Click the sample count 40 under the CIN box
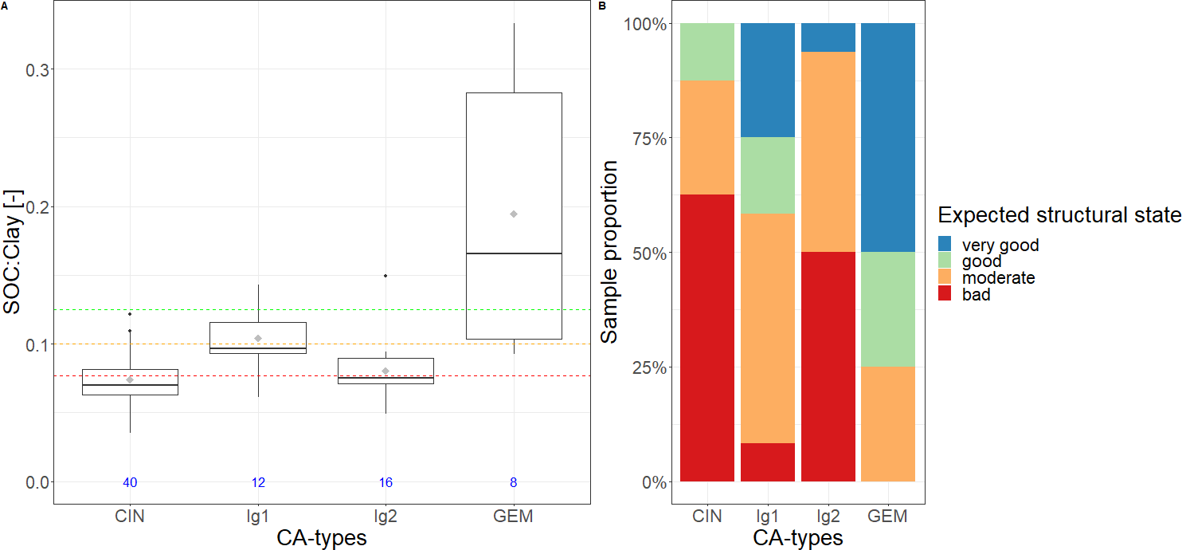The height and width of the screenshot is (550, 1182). point(131,482)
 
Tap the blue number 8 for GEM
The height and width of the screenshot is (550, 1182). point(514,482)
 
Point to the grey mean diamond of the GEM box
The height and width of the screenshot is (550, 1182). point(514,214)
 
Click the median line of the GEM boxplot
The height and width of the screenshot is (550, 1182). point(514,253)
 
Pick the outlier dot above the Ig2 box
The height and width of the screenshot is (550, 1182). point(386,276)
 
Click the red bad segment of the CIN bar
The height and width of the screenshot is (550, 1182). point(707,338)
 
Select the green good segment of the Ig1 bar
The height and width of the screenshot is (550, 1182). point(768,175)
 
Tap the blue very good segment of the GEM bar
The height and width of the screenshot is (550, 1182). point(888,137)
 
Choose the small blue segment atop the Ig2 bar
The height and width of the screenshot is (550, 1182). point(828,37)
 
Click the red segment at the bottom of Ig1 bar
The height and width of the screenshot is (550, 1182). point(768,462)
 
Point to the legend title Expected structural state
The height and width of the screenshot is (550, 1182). point(1059,215)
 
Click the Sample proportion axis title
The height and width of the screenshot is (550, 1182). point(609,252)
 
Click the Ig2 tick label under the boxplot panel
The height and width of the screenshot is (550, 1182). point(386,517)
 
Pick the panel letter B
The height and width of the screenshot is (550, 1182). point(602,6)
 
